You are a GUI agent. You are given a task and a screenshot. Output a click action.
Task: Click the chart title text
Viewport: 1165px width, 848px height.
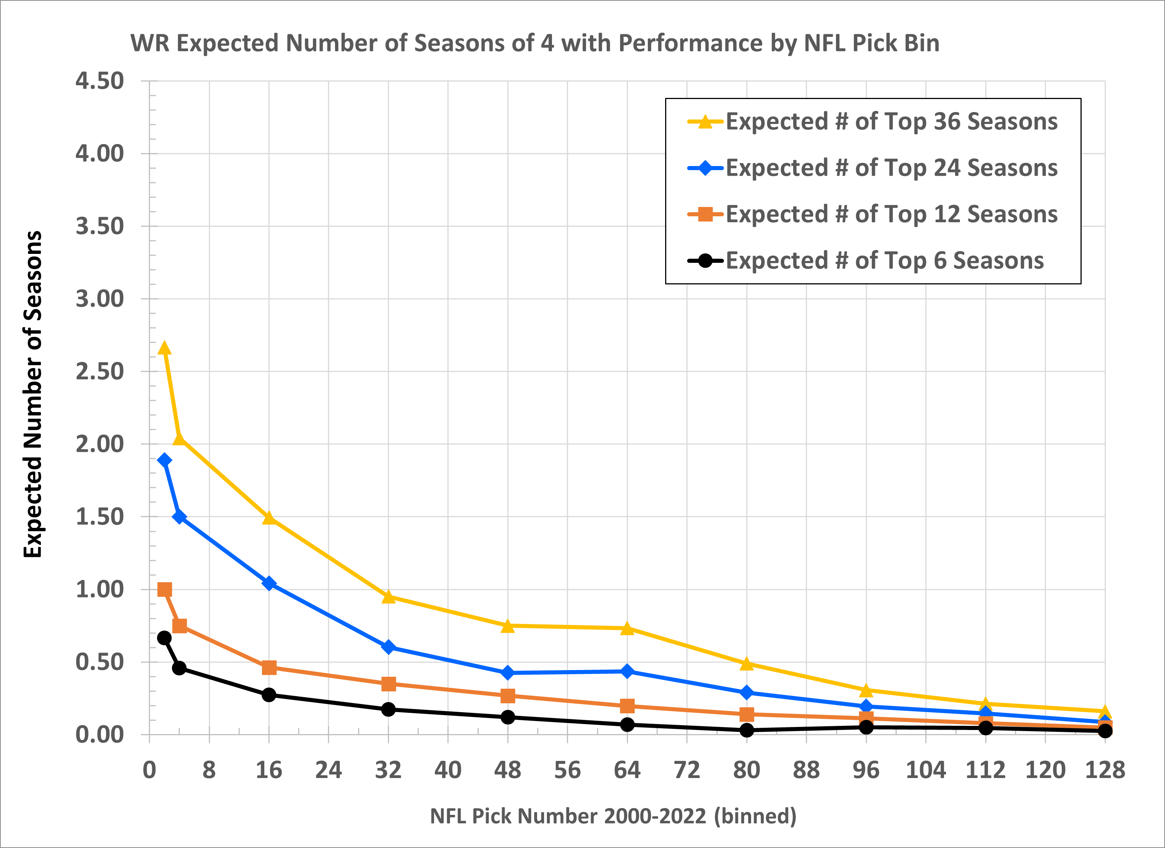535,43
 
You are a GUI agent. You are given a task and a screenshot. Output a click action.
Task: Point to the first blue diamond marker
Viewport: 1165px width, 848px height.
165,460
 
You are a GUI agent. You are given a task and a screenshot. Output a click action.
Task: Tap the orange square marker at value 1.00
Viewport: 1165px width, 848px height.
165,589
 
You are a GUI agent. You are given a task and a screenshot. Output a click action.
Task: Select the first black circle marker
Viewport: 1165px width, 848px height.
165,638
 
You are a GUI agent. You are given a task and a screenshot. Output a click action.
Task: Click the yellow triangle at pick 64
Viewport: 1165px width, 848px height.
627,628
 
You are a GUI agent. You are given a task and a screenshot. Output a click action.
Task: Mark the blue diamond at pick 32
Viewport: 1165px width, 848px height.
388,647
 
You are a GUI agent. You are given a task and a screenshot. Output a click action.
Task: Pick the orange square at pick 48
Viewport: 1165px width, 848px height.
508,696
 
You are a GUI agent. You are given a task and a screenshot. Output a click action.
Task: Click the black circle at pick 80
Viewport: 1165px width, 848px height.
747,730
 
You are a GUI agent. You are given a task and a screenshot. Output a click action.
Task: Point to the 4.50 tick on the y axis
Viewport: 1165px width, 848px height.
100,81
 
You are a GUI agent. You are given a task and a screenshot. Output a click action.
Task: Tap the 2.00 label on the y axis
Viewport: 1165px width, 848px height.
100,444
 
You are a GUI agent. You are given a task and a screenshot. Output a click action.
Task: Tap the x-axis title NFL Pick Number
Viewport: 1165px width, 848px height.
613,816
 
